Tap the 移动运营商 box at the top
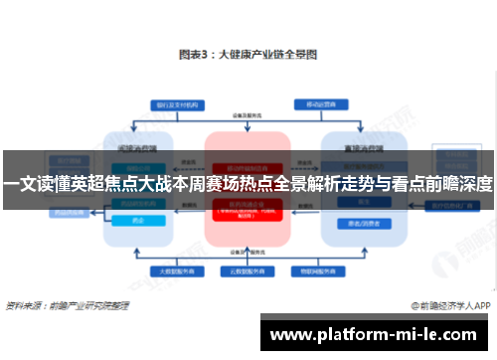320,103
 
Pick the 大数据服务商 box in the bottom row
174,270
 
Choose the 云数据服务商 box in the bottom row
248,270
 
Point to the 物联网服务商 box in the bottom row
311,270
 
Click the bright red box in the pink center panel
248,210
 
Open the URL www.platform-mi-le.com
378,333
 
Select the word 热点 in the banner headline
279,184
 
